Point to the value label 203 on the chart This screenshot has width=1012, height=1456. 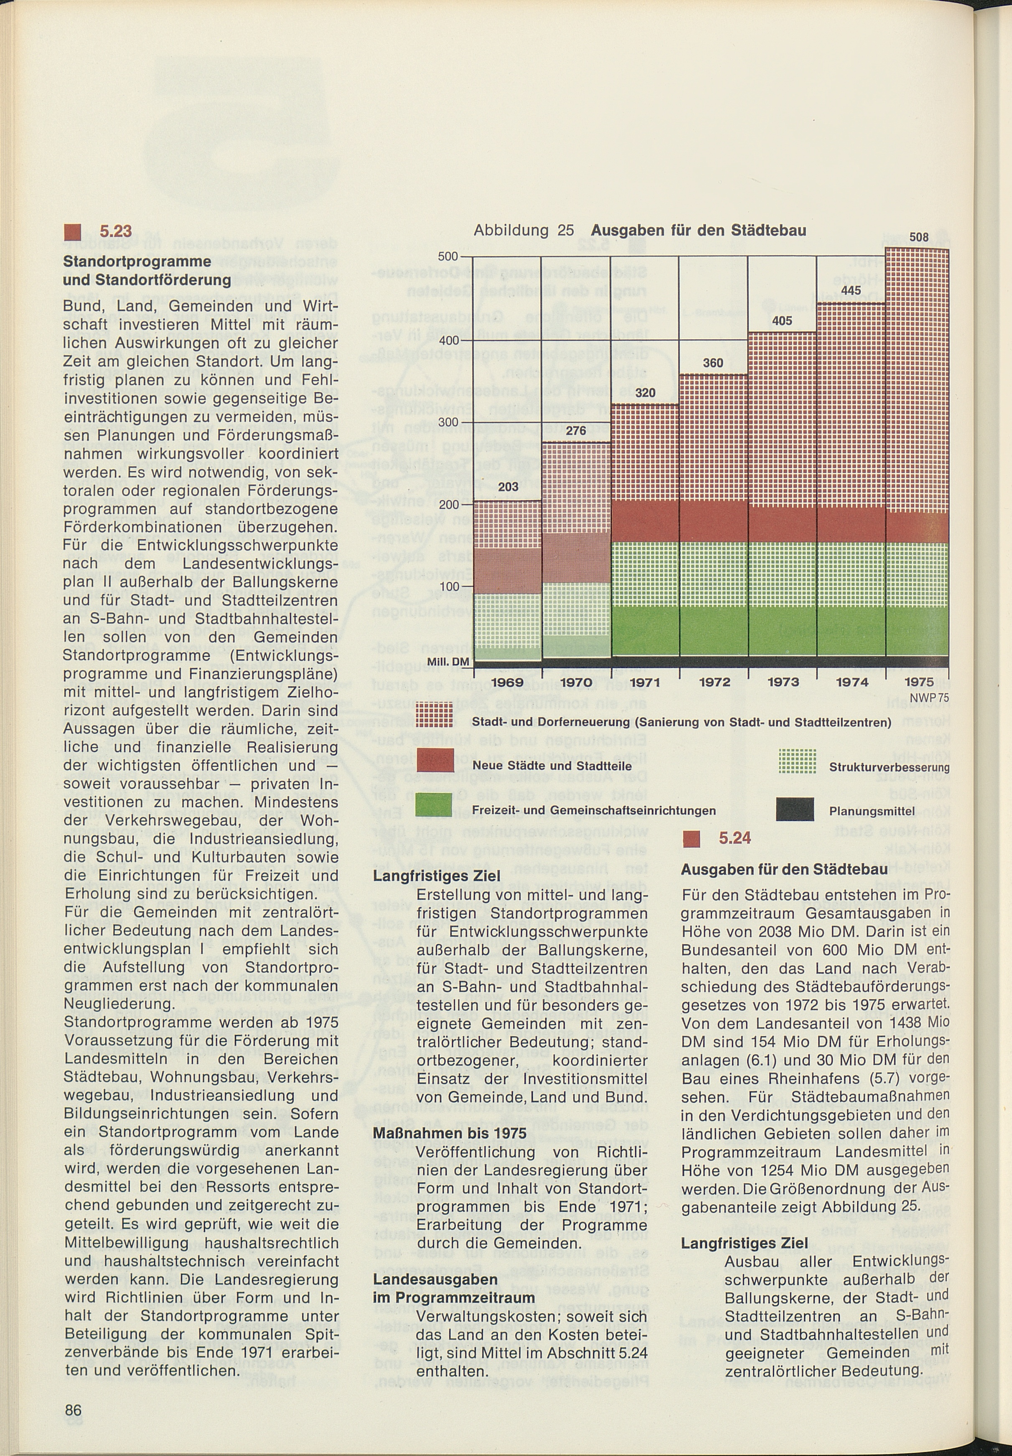[508, 487]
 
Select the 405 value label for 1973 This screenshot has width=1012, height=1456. [782, 321]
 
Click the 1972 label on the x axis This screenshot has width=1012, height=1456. [714, 682]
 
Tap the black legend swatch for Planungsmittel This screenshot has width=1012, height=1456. [795, 810]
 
